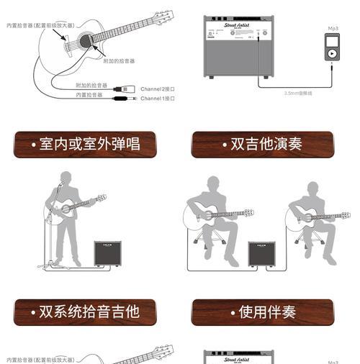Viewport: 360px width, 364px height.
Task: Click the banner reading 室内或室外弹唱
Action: pyautogui.click(x=85, y=144)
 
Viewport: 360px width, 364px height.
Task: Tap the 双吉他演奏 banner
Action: pyautogui.click(x=262, y=144)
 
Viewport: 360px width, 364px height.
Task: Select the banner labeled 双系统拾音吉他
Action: pyautogui.click(x=85, y=311)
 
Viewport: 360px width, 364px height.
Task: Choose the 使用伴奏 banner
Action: pyautogui.click(x=262, y=311)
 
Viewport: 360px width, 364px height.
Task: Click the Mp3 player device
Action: pyautogui.click(x=332, y=48)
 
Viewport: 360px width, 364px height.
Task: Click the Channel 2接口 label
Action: pyautogui.click(x=157, y=89)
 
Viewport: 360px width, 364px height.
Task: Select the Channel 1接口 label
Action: pyautogui.click(x=157, y=99)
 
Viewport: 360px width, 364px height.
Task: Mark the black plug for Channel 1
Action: pyautogui.click(x=120, y=99)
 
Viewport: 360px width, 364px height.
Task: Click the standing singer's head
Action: pyautogui.click(x=66, y=178)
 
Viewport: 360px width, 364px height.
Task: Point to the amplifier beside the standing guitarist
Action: pyautogui.click(x=107, y=253)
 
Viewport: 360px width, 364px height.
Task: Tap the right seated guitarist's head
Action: pyautogui.click(x=312, y=188)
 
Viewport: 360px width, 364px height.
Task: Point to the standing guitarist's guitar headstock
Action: pyautogui.click(x=102, y=198)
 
